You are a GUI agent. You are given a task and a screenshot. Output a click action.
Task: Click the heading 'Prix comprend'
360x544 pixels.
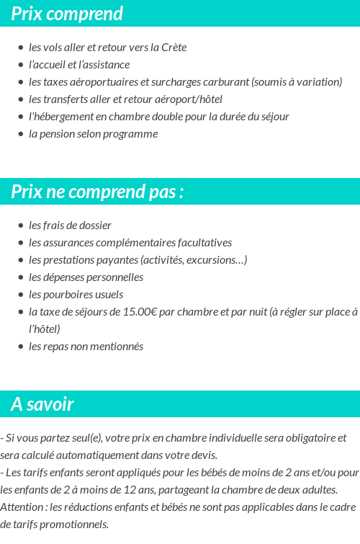point(67,14)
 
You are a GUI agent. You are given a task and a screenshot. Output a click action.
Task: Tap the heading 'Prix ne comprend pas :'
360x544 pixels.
point(97,192)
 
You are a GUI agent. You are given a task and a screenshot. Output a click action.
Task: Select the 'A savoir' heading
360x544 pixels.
point(42,404)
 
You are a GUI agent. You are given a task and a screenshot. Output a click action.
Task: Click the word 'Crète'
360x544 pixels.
point(173,48)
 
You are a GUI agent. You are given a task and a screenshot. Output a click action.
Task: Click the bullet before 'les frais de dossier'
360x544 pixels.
point(20,226)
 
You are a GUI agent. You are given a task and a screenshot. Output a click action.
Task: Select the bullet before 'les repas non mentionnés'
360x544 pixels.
point(20,347)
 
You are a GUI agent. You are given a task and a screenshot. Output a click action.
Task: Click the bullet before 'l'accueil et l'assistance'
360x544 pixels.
point(20,65)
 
